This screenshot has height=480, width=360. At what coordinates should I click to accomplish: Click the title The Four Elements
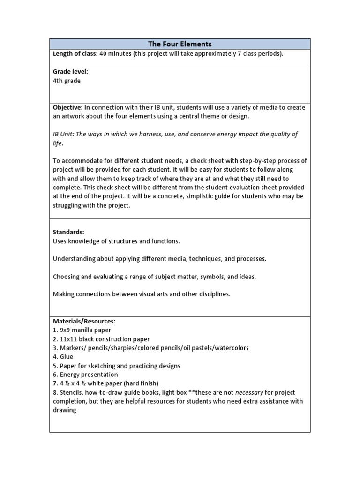tap(180, 44)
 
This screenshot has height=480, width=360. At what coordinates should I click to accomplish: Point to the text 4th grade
tap(67, 81)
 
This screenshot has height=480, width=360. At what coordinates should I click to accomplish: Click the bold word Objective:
tap(68, 107)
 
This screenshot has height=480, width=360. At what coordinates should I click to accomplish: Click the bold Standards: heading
tap(68, 232)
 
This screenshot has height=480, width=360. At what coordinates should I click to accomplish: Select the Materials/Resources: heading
tap(84, 321)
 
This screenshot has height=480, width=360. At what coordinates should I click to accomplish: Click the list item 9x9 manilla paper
tap(85, 330)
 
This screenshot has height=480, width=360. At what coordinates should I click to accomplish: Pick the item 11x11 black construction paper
tap(105, 339)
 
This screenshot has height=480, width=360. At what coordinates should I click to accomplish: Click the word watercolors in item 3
tap(232, 348)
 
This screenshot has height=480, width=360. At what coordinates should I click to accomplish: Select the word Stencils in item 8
tap(71, 392)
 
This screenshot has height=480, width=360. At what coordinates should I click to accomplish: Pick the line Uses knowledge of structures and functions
tap(116, 241)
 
